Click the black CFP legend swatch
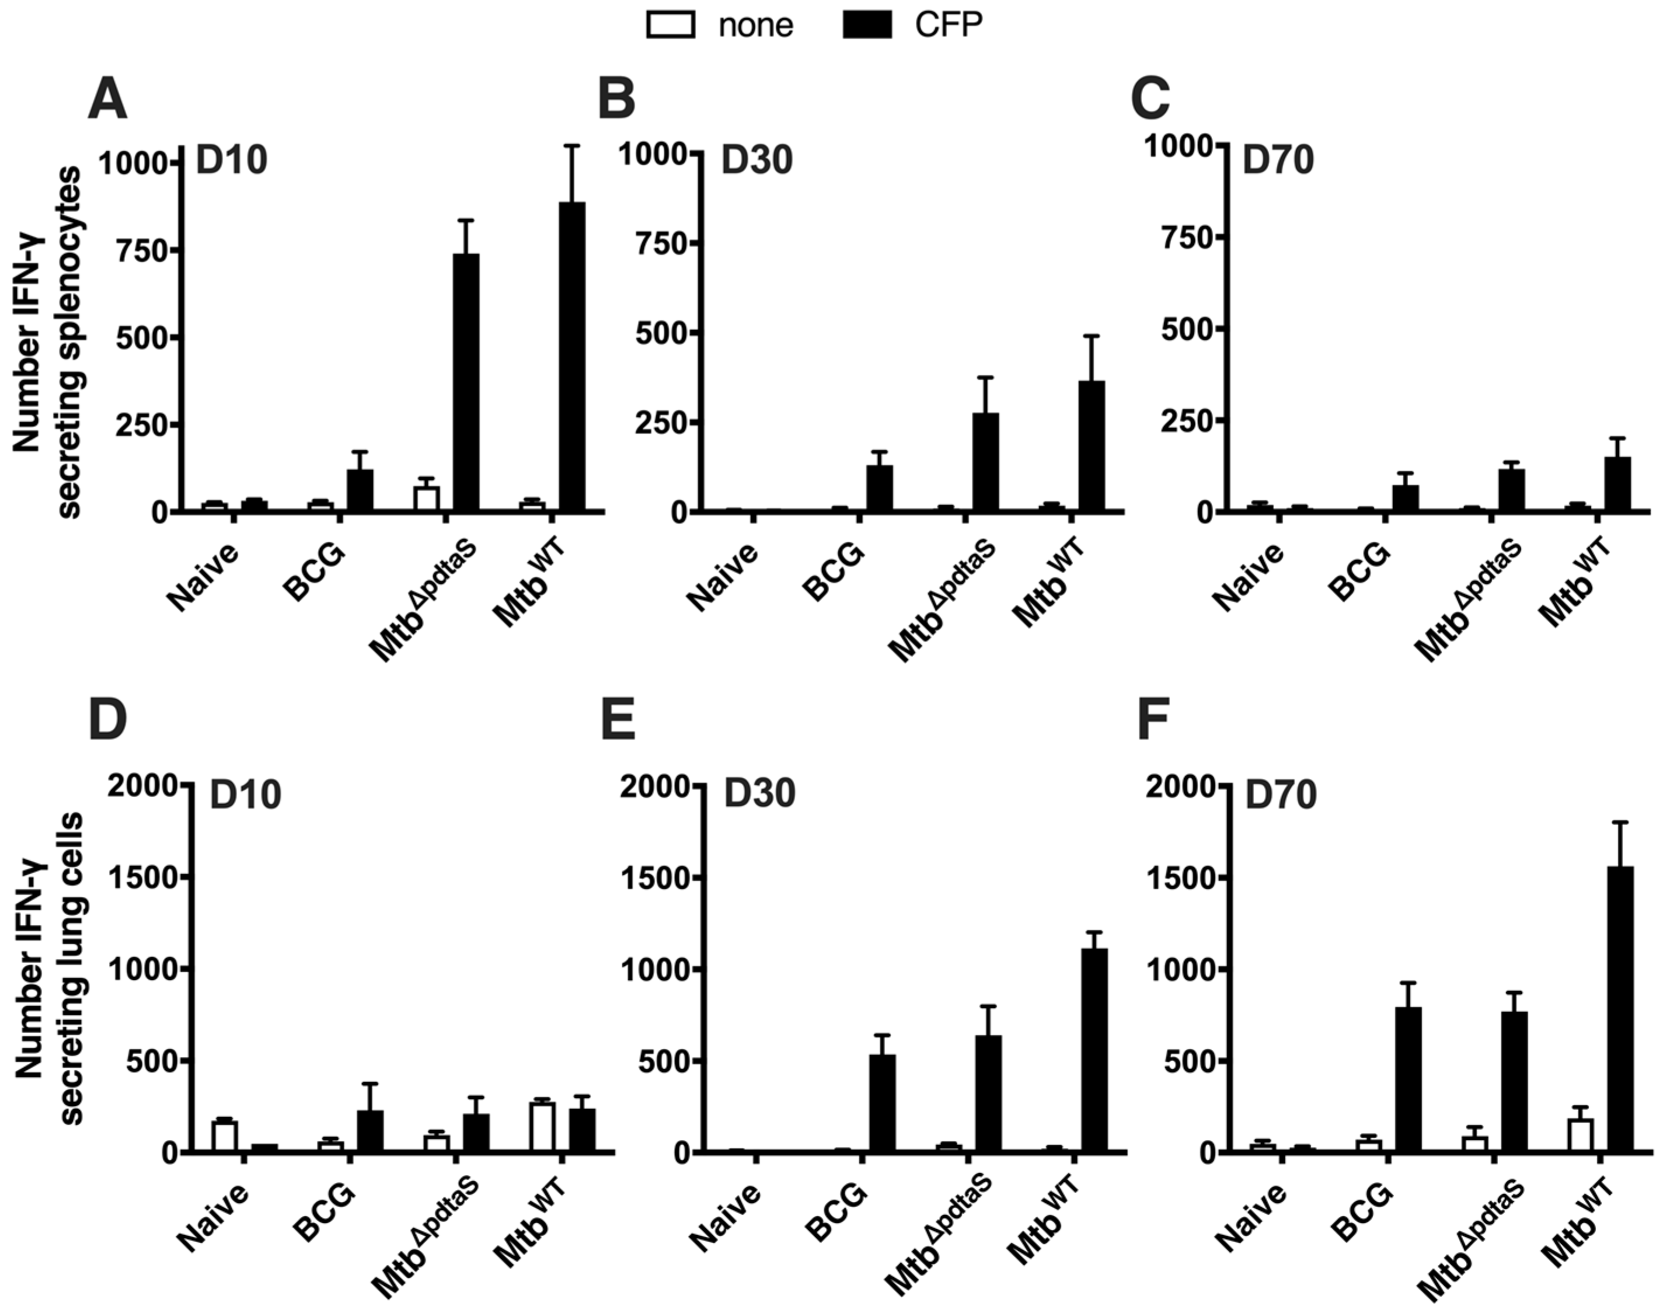pyautogui.click(x=867, y=25)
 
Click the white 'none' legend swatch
pyautogui.click(x=670, y=25)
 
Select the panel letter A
pyautogui.click(x=107, y=100)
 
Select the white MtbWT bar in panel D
pyautogui.click(x=542, y=1127)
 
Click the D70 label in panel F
pyautogui.click(x=1280, y=795)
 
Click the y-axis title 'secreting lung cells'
pyautogui.click(x=71, y=969)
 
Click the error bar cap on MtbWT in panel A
pyautogui.click(x=572, y=145)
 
